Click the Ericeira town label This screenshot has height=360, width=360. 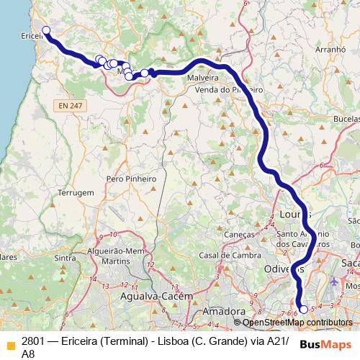(x=32, y=35)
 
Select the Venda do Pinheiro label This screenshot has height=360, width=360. (x=228, y=89)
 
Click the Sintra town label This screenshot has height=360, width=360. (x=65, y=258)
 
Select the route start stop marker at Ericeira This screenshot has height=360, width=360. (x=46, y=30)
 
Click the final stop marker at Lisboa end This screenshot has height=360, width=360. (x=303, y=310)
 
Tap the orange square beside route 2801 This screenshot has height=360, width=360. (x=10, y=343)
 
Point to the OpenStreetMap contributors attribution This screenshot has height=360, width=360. (x=297, y=323)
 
